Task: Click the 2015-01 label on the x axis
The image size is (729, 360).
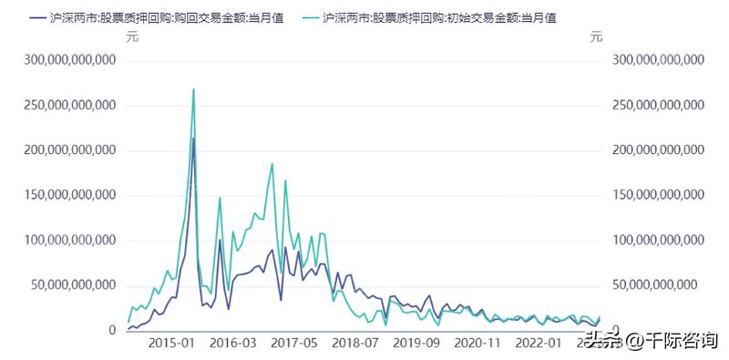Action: (171, 344)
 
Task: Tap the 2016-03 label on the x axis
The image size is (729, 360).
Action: (233, 344)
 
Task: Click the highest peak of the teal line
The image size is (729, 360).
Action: (193, 89)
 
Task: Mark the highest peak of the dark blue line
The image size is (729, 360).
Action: (193, 139)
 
